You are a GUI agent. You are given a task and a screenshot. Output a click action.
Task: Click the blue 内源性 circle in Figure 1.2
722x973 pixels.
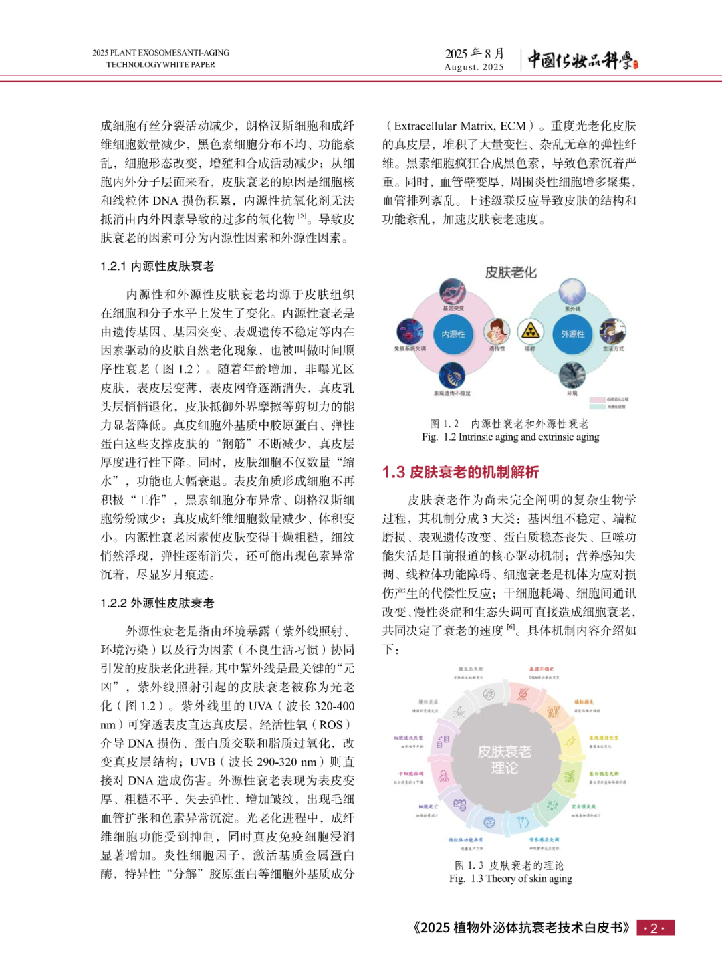[x=453, y=334]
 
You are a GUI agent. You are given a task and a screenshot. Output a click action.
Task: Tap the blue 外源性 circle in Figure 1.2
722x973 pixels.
[x=572, y=334]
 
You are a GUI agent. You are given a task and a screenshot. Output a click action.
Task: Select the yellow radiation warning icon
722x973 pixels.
[x=530, y=330]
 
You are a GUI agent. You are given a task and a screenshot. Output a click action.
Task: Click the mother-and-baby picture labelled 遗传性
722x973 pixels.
[x=496, y=330]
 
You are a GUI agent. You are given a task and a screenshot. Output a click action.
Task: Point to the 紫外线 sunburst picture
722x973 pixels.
[x=572, y=292]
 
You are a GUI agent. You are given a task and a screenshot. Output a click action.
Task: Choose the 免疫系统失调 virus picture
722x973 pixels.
[x=410, y=331]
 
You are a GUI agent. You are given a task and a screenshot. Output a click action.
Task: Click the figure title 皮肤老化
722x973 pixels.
[x=511, y=272]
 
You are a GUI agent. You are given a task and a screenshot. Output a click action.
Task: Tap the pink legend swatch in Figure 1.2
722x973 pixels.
[x=597, y=399]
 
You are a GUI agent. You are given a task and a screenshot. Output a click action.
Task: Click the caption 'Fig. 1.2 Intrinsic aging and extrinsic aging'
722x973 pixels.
[x=510, y=437]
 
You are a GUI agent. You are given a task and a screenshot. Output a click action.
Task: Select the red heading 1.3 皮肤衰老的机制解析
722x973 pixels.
[x=461, y=472]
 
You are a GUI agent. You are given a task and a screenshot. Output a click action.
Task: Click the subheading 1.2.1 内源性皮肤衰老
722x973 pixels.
[x=157, y=266]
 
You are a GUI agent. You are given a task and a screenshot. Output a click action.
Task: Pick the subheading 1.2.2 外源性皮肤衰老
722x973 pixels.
[x=157, y=603]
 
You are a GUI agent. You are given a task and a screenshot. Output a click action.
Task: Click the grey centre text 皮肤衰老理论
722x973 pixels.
[x=505, y=760]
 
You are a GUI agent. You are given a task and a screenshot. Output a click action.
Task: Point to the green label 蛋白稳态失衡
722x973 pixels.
[x=604, y=773]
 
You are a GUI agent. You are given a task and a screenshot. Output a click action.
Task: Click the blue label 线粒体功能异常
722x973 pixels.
[x=465, y=839]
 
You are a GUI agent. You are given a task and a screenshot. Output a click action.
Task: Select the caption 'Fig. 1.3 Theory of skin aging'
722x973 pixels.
[x=510, y=879]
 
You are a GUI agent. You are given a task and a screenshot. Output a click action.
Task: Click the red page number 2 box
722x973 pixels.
[x=655, y=928]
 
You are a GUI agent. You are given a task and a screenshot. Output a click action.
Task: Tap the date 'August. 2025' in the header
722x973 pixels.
[x=474, y=67]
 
